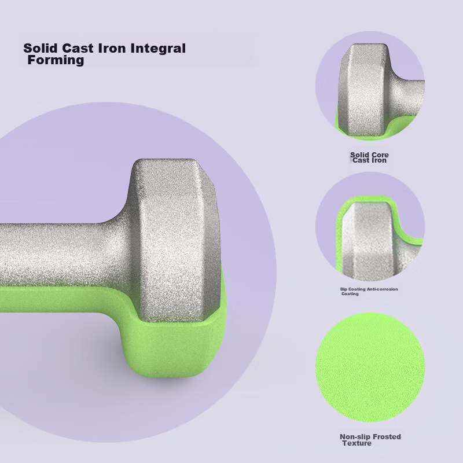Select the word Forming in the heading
pyautogui.click(x=56, y=60)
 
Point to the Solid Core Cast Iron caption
pyautogui.click(x=369, y=157)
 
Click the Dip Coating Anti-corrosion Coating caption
pyautogui.click(x=369, y=292)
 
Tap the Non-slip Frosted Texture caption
pyautogui.click(x=370, y=440)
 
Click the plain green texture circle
pyautogui.click(x=370, y=368)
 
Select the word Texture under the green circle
pyautogui.click(x=357, y=443)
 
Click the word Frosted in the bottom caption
pyautogui.click(x=387, y=436)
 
